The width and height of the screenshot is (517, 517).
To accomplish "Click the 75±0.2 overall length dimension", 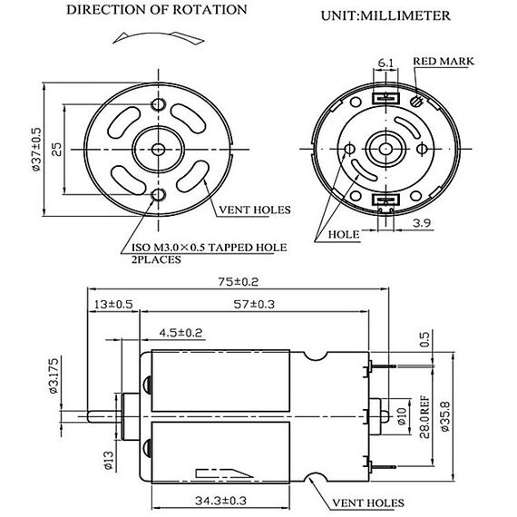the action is (x=238, y=282).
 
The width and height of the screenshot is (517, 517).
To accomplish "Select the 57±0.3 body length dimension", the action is (x=254, y=304).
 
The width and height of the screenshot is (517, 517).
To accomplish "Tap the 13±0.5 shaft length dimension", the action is (x=113, y=304).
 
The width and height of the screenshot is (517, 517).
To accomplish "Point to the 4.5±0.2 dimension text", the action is (x=180, y=333).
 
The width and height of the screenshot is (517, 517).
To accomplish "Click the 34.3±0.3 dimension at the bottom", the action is (x=220, y=501).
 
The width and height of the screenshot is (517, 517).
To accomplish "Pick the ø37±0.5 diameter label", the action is (x=36, y=150).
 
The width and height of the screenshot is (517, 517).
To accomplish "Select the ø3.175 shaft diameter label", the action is (x=54, y=376).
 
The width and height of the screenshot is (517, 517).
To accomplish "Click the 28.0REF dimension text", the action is (x=424, y=416).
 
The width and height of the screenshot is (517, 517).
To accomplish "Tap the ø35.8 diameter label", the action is (x=444, y=416).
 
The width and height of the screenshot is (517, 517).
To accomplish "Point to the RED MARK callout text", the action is (x=444, y=62).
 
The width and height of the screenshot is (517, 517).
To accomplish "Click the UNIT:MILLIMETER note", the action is (x=385, y=15).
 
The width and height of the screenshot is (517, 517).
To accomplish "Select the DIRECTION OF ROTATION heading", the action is (x=157, y=10).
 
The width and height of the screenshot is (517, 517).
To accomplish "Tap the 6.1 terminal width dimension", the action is (x=385, y=63).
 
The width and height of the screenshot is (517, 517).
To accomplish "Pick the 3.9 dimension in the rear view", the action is (x=422, y=223).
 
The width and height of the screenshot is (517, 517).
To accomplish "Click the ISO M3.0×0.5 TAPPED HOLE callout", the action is (x=209, y=248).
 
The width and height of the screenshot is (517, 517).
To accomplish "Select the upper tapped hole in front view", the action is (x=158, y=104).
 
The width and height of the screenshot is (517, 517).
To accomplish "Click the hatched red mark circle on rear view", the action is (x=416, y=101).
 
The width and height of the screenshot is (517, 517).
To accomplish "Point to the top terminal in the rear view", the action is (x=385, y=98).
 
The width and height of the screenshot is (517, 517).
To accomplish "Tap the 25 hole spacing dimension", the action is (x=57, y=150).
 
